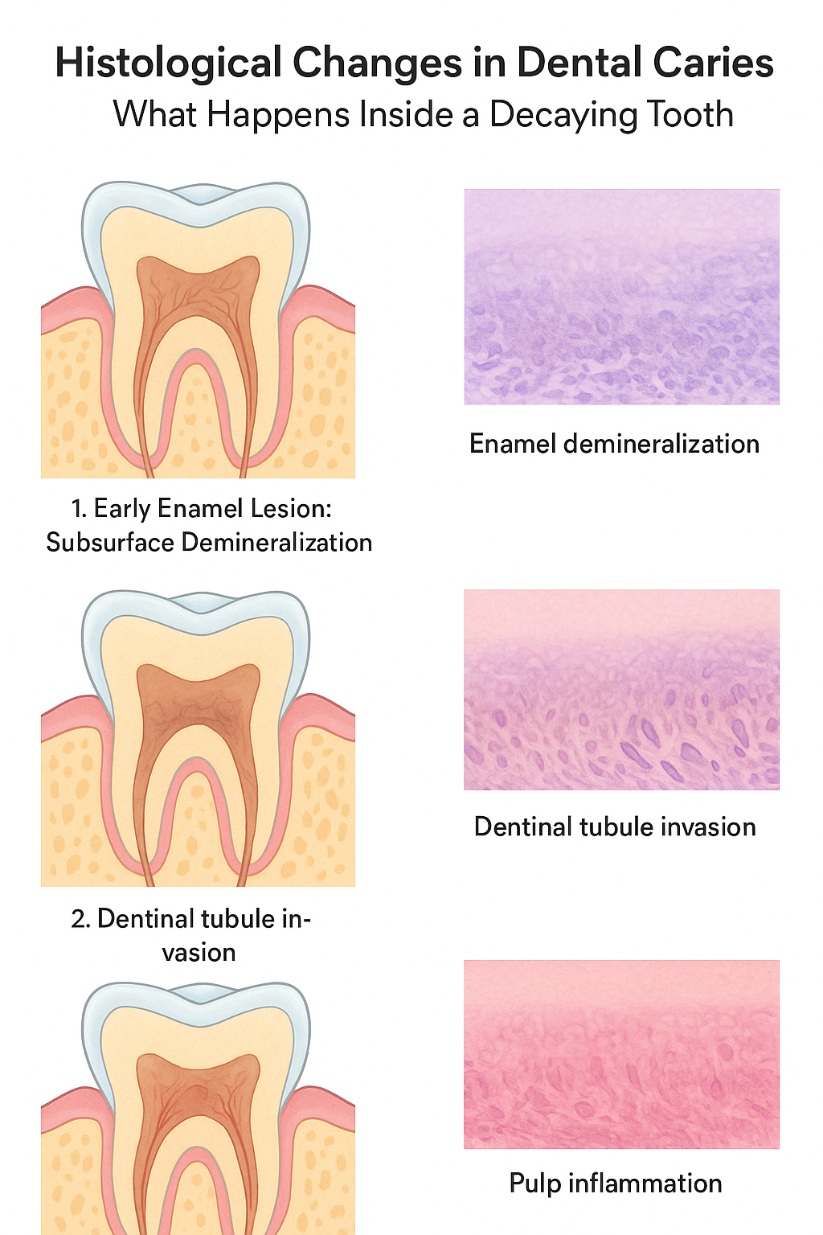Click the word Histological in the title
168,64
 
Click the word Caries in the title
715,64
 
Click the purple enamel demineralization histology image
621,297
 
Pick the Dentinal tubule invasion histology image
621,689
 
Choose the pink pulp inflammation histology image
621,1053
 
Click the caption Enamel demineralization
614,444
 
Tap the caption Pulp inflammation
616,1184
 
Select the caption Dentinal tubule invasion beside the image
615,827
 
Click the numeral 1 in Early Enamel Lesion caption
77,509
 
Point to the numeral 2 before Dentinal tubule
79,919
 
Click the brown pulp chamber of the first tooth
198,289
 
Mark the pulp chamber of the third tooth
198,1085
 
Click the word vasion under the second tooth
199,953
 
